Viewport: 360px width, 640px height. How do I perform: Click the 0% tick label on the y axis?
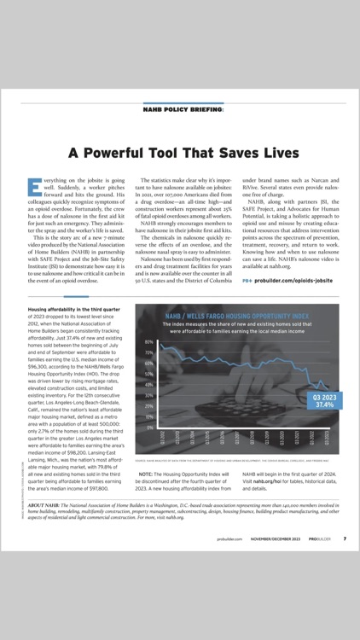coord(149,427)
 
